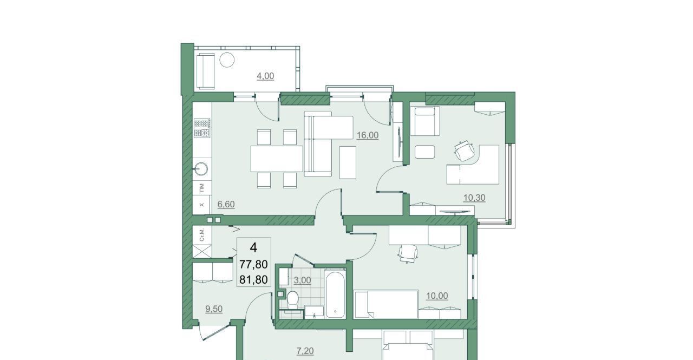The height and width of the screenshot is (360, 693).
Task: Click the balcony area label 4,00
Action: tap(265, 76)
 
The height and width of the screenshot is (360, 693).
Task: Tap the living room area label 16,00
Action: tap(368, 135)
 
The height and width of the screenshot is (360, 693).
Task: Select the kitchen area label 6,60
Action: tap(226, 205)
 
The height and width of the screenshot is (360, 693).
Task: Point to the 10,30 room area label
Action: tap(474, 198)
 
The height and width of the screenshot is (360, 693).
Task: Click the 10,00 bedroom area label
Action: tap(437, 296)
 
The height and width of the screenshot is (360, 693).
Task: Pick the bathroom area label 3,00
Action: tap(302, 280)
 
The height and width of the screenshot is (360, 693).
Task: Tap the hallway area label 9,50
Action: tap(214, 309)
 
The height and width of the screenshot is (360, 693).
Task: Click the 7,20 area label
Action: tap(305, 351)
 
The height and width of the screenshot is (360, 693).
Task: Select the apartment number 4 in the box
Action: tap(253, 248)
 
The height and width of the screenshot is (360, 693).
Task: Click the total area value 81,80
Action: tap(254, 280)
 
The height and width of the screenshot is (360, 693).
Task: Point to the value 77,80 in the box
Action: tap(254, 264)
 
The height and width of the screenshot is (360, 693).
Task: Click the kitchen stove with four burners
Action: tap(202, 128)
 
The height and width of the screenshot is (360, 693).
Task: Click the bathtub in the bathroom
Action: tap(335, 294)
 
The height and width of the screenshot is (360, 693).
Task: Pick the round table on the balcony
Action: tap(227, 60)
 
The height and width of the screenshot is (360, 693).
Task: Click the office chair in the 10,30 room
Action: tap(465, 151)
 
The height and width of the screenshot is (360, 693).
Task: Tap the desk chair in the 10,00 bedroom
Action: tap(408, 253)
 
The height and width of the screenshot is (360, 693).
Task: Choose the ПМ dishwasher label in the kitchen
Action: tap(202, 187)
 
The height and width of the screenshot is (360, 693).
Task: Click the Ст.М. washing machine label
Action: tap(202, 235)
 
